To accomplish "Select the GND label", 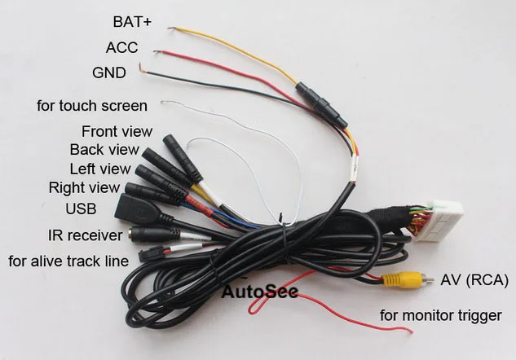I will pos(109,72).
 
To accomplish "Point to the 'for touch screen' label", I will pos(92,106).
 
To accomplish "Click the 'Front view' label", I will pos(117,131).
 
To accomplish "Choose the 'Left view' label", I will pos(100,169).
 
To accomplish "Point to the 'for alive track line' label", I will pos(68,261).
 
